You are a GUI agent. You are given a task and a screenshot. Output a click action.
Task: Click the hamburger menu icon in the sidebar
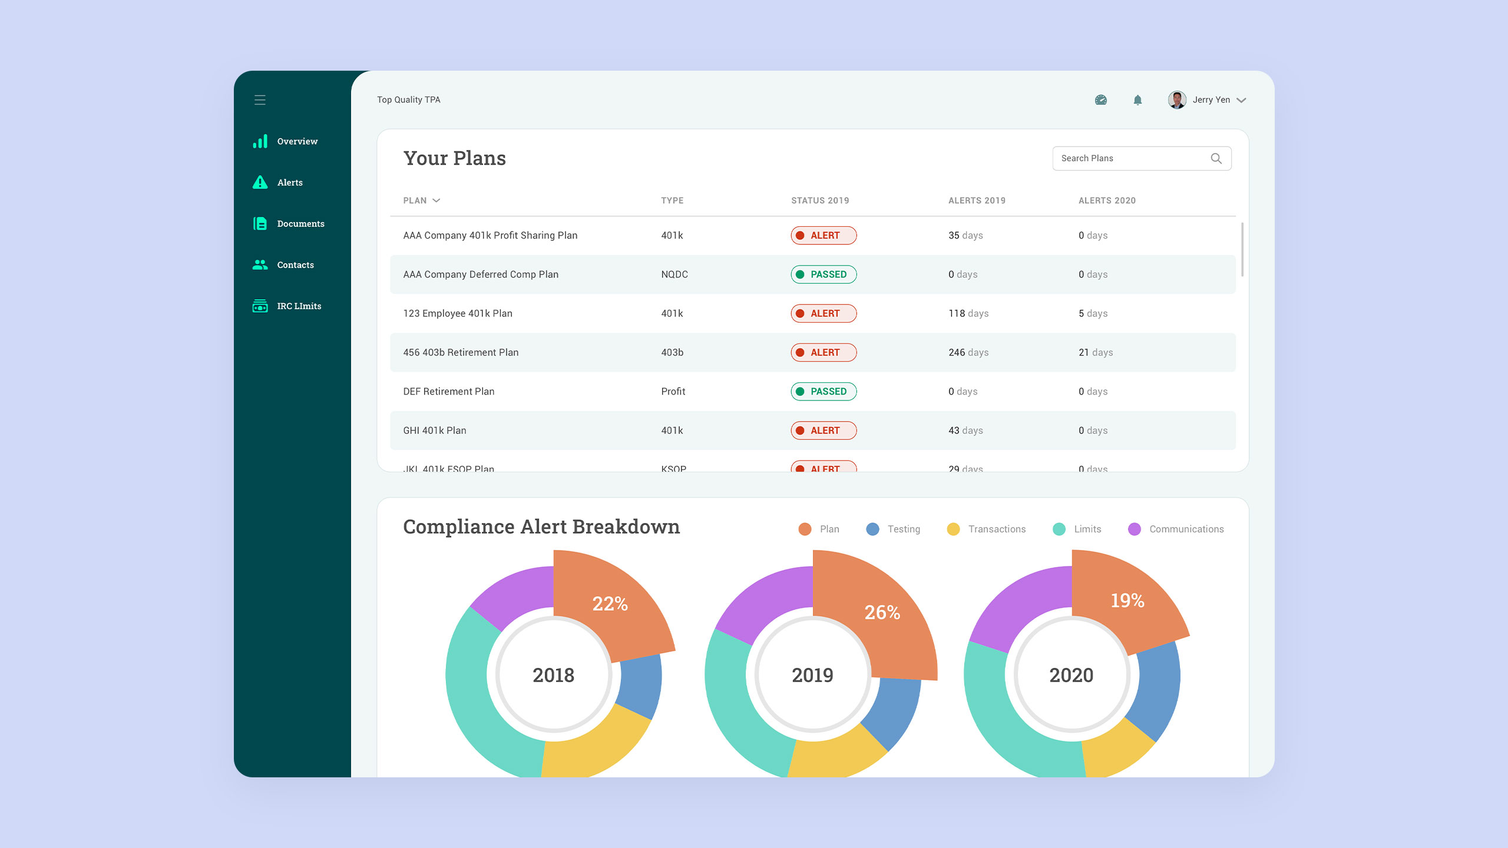pyautogui.click(x=260, y=100)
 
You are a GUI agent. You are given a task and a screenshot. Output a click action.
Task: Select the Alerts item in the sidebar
pyautogui.click(x=289, y=183)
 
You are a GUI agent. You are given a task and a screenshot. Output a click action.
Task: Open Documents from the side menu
pyautogui.click(x=300, y=224)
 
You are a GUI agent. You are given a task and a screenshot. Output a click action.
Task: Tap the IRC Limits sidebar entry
pyautogui.click(x=299, y=306)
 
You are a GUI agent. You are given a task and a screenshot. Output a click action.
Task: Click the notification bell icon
pyautogui.click(x=1137, y=100)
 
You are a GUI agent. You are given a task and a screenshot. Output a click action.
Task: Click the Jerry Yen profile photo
pyautogui.click(x=1177, y=100)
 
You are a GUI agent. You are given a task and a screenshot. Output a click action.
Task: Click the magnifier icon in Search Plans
pyautogui.click(x=1216, y=158)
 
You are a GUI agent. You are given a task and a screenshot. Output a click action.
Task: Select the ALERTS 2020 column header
pyautogui.click(x=1107, y=201)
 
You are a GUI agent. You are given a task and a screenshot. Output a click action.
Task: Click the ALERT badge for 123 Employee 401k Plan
pyautogui.click(x=824, y=313)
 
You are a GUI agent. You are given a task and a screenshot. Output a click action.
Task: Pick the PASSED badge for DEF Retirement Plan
pyautogui.click(x=824, y=392)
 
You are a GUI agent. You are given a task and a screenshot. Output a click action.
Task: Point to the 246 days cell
pyautogui.click(x=968, y=353)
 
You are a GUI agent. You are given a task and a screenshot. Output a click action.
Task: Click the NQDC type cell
pyautogui.click(x=674, y=274)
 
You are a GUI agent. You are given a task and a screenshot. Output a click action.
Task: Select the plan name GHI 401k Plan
pyautogui.click(x=435, y=430)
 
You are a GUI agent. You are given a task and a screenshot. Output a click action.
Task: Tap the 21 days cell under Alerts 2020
pyautogui.click(x=1095, y=353)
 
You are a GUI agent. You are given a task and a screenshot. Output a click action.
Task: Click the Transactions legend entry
pyautogui.click(x=996, y=529)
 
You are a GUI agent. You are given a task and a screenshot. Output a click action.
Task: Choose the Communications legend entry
pyautogui.click(x=1185, y=529)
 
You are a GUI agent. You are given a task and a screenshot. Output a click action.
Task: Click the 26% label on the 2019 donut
pyautogui.click(x=882, y=612)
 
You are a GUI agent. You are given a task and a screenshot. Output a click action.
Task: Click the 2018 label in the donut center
pyautogui.click(x=553, y=675)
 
